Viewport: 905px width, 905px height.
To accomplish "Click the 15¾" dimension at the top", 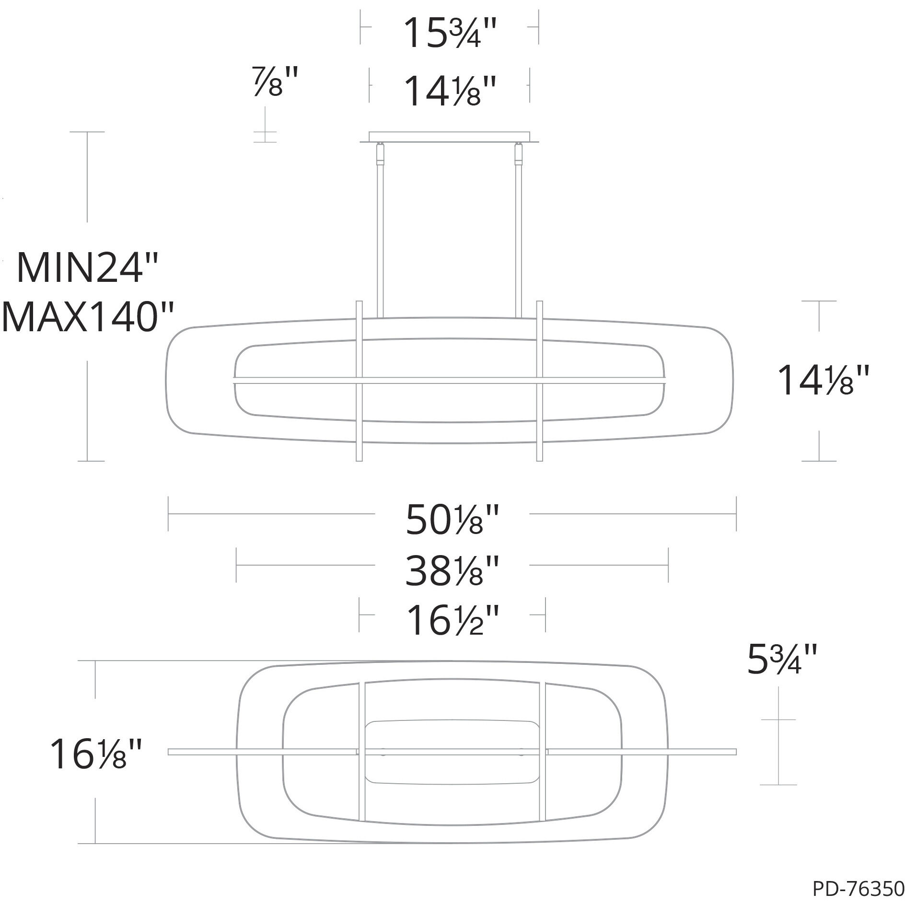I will (449, 34).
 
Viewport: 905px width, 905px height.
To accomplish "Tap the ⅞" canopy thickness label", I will (276, 82).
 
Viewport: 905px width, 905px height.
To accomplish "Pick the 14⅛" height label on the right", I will (822, 381).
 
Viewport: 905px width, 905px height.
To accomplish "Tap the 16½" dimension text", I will (452, 621).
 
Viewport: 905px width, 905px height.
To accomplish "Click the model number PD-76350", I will (858, 890).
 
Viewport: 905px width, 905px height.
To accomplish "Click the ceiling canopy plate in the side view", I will (449, 137).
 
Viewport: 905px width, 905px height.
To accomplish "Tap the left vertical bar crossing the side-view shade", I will (359, 381).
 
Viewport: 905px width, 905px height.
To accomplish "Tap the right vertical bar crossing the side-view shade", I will (540, 381).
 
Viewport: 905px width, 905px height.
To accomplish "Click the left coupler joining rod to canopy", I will (380, 153).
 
